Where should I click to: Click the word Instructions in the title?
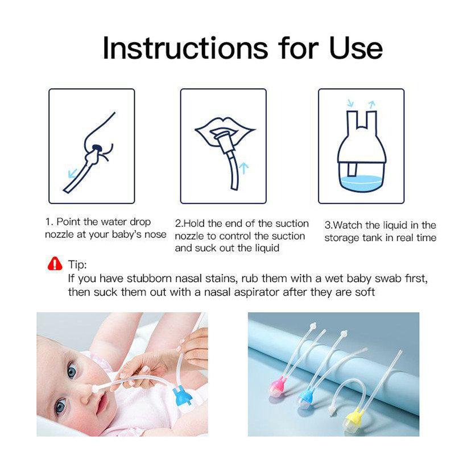[x=185, y=48]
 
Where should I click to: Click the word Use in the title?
[x=356, y=48]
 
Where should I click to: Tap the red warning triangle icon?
[x=55, y=263]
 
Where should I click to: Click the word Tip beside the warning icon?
[x=77, y=264]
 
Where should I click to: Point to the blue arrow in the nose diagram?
[x=72, y=173]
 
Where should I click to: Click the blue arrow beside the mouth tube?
[x=244, y=168]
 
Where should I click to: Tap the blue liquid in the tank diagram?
[x=361, y=183]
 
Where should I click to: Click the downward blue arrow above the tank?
[x=350, y=103]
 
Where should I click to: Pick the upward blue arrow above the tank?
[x=372, y=104]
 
